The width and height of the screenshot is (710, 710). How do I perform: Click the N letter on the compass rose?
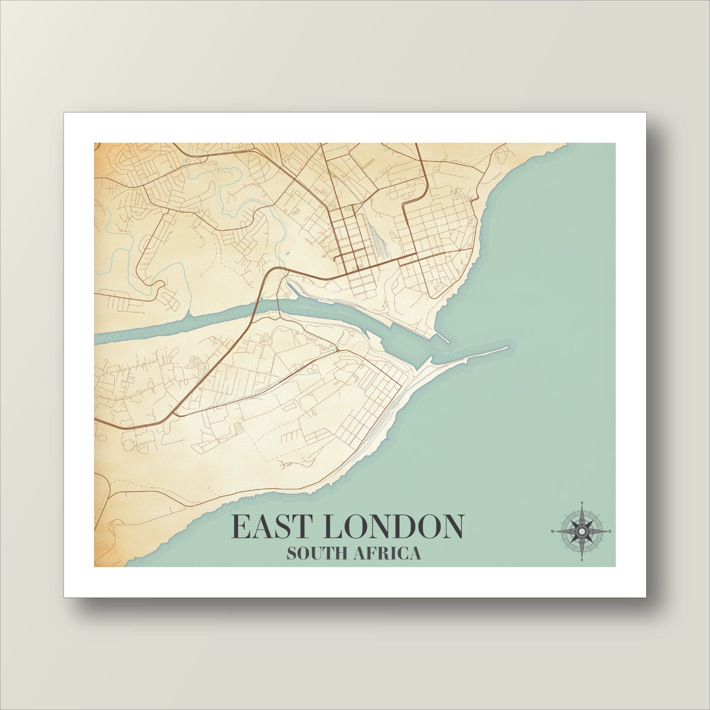click(x=582, y=503)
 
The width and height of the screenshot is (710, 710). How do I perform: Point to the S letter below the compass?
click(x=582, y=570)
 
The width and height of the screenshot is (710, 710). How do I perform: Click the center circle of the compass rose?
click(x=582, y=541)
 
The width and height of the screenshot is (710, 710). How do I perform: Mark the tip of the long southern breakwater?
click(x=507, y=347)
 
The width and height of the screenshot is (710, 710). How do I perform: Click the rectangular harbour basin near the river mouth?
click(x=400, y=344)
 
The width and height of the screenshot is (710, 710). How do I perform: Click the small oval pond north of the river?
click(x=287, y=253)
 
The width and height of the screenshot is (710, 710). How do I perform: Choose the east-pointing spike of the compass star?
click(x=603, y=541)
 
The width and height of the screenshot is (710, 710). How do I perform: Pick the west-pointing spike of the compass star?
click(x=561, y=541)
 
